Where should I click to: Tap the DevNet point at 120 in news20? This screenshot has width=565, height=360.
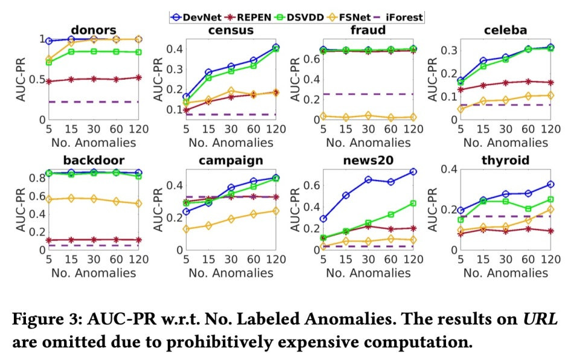point(413,172)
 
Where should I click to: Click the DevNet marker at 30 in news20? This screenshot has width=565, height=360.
point(368,179)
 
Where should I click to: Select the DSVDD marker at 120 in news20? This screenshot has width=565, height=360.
point(413,204)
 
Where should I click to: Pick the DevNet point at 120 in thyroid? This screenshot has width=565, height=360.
point(549,184)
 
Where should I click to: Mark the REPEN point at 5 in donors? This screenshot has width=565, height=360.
point(48,81)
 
